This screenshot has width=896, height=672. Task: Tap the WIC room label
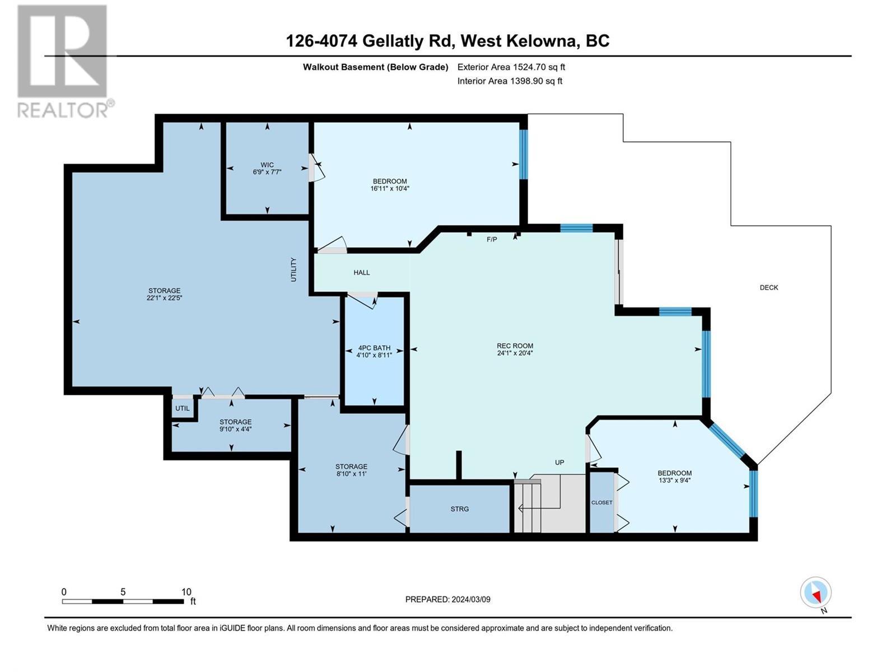click(x=267, y=165)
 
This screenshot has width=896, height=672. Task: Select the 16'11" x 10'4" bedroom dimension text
click(x=390, y=189)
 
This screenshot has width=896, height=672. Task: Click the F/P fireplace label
click(x=492, y=240)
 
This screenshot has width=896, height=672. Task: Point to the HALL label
click(x=362, y=273)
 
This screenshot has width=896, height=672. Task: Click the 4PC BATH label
click(x=374, y=348)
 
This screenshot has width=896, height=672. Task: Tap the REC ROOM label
click(x=515, y=346)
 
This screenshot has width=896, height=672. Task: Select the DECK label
click(x=769, y=287)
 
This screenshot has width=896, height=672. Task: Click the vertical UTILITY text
click(x=293, y=269)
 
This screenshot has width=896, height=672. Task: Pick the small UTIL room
click(x=183, y=408)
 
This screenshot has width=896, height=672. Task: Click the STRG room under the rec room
click(x=460, y=509)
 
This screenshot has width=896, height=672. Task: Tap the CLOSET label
click(x=602, y=502)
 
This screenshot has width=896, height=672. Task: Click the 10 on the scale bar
click(x=186, y=592)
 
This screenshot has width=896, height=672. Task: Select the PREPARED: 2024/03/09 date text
click(x=447, y=599)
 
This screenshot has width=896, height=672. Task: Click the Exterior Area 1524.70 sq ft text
click(x=511, y=67)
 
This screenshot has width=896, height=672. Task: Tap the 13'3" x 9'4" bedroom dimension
click(x=674, y=480)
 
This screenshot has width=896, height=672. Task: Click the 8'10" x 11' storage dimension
click(x=351, y=474)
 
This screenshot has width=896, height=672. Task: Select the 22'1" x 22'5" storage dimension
click(x=164, y=298)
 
